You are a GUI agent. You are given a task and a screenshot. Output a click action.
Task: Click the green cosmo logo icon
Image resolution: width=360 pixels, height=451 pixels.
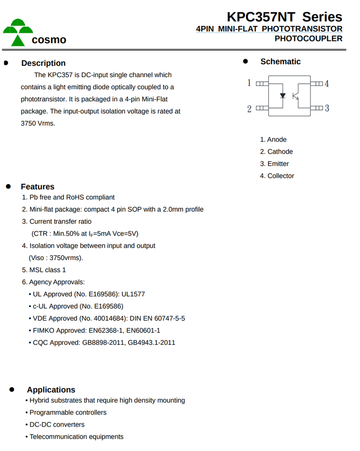pyautogui.click(x=17, y=32)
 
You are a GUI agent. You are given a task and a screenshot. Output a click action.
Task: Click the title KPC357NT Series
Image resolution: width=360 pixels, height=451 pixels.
pyautogui.click(x=284, y=17)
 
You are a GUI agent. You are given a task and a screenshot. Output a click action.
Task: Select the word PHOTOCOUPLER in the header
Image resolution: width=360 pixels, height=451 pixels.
pyautogui.click(x=308, y=39)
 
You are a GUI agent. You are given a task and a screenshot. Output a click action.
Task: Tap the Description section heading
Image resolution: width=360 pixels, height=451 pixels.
pyautogui.click(x=43, y=63)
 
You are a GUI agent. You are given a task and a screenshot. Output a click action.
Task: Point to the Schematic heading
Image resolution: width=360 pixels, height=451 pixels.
pyautogui.click(x=280, y=62)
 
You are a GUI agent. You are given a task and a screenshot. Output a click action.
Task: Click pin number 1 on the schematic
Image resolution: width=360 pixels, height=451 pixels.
pyautogui.click(x=249, y=83)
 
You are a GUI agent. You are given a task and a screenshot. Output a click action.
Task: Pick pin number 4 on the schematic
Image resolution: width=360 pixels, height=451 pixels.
pyautogui.click(x=327, y=84)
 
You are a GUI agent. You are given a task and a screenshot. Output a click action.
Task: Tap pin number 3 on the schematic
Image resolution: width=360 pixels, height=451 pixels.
pyautogui.click(x=327, y=109)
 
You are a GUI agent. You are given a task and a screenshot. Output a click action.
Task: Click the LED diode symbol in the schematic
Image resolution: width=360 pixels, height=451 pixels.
pyautogui.click(x=283, y=95)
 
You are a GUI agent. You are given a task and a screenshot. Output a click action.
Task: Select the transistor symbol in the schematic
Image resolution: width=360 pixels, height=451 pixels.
pyautogui.click(x=296, y=95)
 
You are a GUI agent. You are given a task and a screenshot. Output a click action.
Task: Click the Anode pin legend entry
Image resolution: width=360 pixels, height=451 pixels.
pyautogui.click(x=273, y=140)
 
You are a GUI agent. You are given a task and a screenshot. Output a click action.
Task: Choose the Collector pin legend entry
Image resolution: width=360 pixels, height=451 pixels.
pyautogui.click(x=277, y=176)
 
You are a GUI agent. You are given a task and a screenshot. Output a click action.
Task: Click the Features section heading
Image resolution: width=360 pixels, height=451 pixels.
pyautogui.click(x=38, y=187)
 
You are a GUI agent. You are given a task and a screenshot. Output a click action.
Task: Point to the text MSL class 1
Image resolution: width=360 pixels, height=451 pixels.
pyautogui.click(x=47, y=270)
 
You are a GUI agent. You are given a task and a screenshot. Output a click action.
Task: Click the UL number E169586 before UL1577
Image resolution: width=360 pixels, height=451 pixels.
pyautogui.click(x=102, y=294)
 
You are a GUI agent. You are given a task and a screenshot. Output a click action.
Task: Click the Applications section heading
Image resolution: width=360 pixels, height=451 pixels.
pyautogui.click(x=51, y=389)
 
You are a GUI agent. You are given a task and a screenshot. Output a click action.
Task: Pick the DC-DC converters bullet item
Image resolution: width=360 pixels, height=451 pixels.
pyautogui.click(x=57, y=424)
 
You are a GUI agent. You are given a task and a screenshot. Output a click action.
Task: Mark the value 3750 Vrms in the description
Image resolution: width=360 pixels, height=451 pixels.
pyautogui.click(x=38, y=124)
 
